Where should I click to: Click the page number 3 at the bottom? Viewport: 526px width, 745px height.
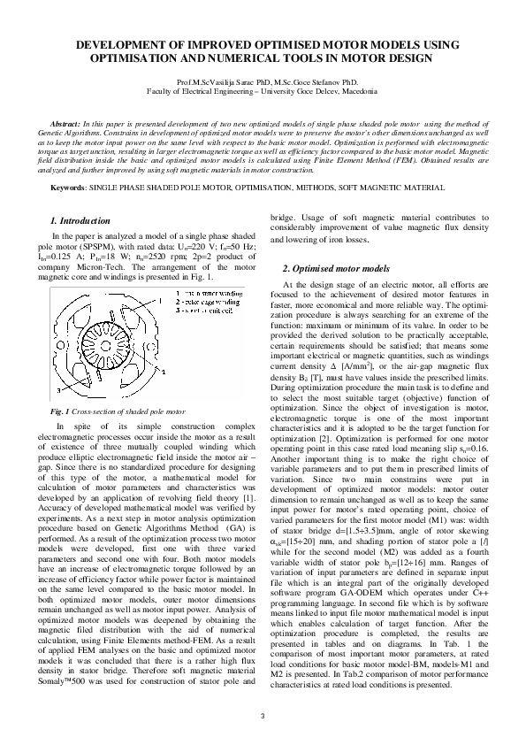point(263,714)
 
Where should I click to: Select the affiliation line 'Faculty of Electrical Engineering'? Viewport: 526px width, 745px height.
point(263,90)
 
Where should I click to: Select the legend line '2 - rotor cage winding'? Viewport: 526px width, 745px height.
point(200,301)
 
